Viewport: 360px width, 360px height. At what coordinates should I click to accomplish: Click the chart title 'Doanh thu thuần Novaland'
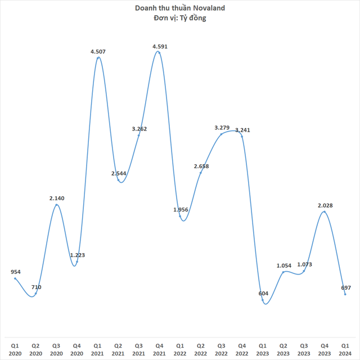point(179,8)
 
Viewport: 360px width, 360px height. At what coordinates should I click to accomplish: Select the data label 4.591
point(159,46)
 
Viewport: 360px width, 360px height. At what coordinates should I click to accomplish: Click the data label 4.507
point(98,52)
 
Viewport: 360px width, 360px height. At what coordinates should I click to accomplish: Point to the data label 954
point(16,272)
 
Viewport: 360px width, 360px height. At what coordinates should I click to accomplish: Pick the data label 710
point(36,287)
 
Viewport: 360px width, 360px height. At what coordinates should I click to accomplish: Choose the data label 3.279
point(222,128)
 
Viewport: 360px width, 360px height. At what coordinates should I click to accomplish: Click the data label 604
point(263,293)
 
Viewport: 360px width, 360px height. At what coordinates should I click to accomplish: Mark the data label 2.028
point(325,205)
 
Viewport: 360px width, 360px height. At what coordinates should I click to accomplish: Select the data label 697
point(345,287)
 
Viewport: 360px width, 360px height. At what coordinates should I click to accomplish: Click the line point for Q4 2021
point(159,52)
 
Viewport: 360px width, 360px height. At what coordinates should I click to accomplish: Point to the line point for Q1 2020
point(15,278)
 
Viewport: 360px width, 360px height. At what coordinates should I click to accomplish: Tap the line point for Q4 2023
point(325,211)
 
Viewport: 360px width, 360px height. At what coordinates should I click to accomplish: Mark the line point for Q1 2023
point(263,300)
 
